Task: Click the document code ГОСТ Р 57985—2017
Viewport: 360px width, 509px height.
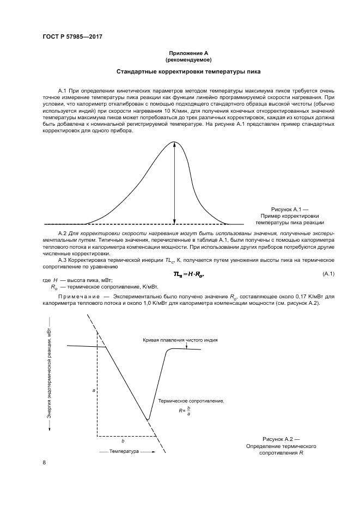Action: (x=72, y=37)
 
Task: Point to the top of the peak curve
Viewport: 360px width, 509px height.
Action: (x=174, y=142)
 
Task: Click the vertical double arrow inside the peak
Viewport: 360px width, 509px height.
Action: (x=174, y=182)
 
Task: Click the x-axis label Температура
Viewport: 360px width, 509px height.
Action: (x=124, y=451)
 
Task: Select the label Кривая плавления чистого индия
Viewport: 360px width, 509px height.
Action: (x=180, y=340)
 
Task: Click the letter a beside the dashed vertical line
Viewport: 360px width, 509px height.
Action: (x=94, y=391)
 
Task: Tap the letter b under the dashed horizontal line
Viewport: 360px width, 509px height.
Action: (x=123, y=440)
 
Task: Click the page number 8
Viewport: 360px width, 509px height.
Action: (x=44, y=462)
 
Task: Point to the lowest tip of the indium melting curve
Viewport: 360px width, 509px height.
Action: (x=148, y=420)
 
